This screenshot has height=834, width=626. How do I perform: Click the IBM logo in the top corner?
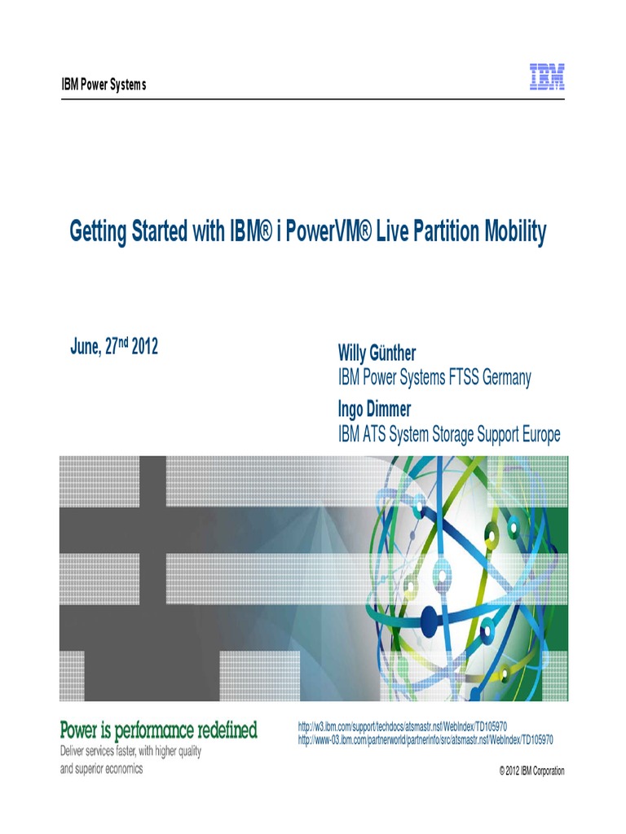coord(548,77)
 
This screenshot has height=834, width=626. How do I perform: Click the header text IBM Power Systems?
coord(104,86)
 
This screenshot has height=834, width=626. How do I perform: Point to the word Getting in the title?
coord(97,233)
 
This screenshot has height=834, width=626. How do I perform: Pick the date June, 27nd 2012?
coord(114,348)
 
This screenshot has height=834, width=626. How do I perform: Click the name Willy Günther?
coord(377,353)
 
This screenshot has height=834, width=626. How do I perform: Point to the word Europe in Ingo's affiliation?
coord(536,435)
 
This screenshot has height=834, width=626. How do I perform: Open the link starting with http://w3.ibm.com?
coord(403,725)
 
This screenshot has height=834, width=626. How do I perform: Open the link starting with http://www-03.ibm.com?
coord(425,740)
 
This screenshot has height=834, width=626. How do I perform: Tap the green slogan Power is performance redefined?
coord(159,730)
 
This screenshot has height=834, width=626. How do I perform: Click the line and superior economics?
coord(101,768)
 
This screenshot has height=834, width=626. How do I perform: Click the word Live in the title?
coord(391,233)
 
